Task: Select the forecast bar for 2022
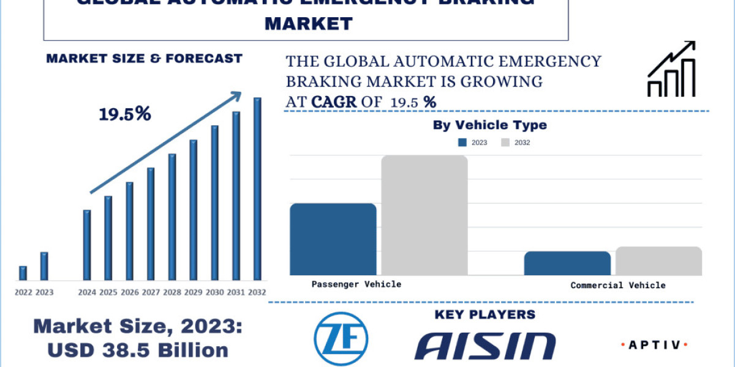[x=23, y=273]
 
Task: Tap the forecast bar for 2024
[x=87, y=245]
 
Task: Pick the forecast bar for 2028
[x=172, y=217]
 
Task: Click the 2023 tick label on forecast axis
[x=44, y=292]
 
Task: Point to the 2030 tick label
[x=214, y=292]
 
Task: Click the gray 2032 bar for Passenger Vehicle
[x=424, y=215]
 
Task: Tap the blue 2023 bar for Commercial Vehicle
[x=567, y=263]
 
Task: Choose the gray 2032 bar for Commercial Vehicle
[x=658, y=261]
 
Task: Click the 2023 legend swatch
[x=463, y=143]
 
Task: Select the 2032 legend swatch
[x=505, y=143]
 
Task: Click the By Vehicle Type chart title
[x=489, y=125]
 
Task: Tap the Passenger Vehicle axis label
[x=356, y=284]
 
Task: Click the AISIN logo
[x=485, y=346]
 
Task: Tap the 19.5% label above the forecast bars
[x=125, y=114]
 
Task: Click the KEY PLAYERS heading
[x=484, y=314]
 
